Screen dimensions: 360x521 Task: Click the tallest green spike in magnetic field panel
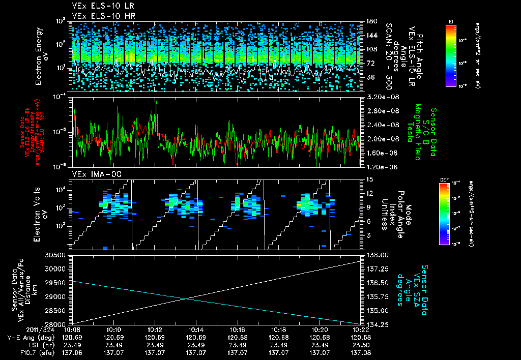[156, 100]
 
